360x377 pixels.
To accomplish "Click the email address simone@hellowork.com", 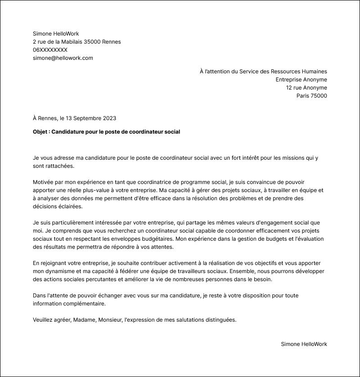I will click(63, 58).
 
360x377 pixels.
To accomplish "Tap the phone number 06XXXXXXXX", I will click(50, 50).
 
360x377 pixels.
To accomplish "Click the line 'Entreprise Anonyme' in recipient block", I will click(301, 80).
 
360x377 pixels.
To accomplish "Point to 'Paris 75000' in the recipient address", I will click(311, 96).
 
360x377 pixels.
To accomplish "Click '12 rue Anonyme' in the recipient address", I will click(306, 88).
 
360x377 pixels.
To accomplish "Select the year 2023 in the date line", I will click(109, 118).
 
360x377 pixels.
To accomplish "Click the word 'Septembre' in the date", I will click(87, 118).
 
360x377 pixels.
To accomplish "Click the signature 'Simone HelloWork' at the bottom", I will click(304, 344).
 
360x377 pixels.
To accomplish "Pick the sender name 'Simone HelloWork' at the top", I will click(56, 34).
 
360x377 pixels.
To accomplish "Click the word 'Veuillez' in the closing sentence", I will click(44, 320).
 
